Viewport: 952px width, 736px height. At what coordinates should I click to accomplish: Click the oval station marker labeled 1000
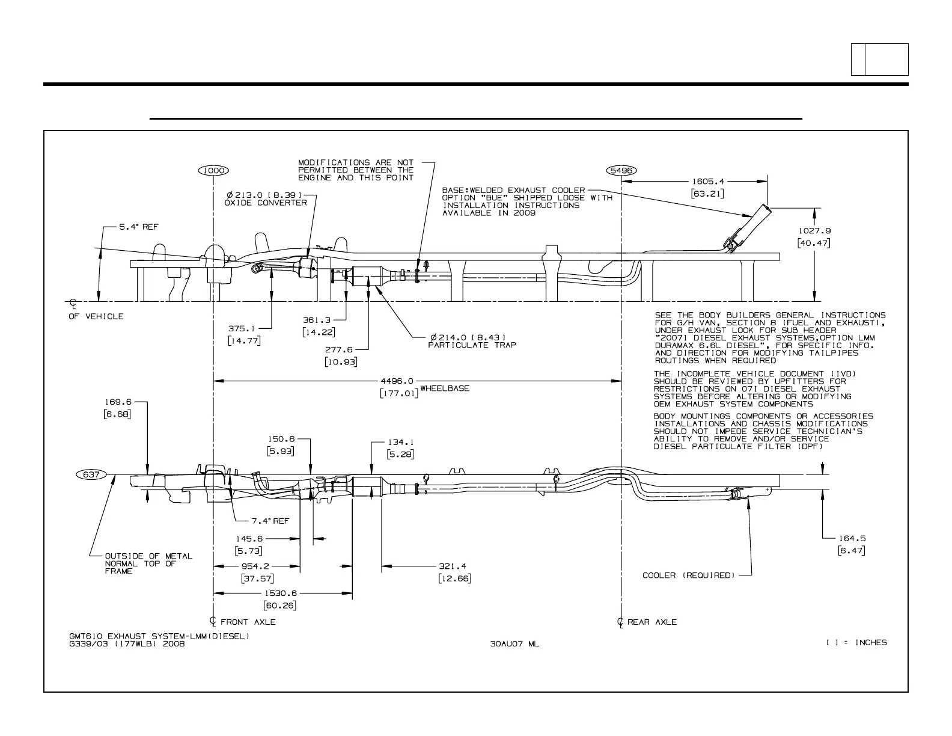tap(213, 171)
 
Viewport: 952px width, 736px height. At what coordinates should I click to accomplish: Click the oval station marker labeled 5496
tap(621, 171)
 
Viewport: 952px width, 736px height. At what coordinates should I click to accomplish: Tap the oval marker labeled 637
tap(91, 474)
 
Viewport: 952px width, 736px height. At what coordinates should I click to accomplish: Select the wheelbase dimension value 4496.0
tap(397, 381)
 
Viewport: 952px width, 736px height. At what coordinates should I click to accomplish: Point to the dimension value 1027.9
tap(814, 230)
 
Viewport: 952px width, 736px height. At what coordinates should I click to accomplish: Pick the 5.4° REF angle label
tap(139, 227)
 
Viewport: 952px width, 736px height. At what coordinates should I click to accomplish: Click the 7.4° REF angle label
tap(270, 521)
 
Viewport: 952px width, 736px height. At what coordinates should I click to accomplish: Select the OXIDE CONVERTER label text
tap(265, 203)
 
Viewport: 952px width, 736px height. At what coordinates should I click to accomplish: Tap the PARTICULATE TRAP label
tap(472, 345)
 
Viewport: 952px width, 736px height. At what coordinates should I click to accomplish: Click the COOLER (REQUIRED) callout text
tap(689, 575)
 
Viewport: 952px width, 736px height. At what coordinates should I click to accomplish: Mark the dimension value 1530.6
tap(280, 593)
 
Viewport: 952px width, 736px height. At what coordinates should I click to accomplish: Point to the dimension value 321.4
tap(452, 566)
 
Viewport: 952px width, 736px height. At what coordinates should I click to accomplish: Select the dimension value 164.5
tap(852, 538)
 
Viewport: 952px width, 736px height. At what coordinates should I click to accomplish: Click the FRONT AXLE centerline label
tap(248, 622)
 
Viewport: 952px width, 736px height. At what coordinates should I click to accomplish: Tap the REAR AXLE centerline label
tap(651, 622)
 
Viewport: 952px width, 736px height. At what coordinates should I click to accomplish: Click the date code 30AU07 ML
tap(514, 644)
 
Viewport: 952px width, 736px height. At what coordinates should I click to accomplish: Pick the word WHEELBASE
tap(445, 388)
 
